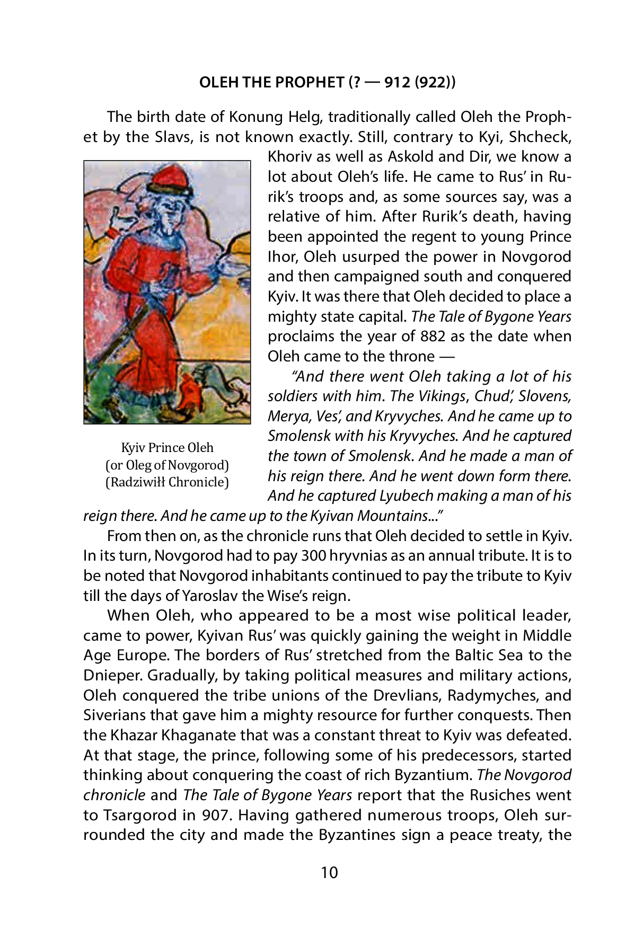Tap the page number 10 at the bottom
coord(329,872)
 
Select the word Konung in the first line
coord(253,117)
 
